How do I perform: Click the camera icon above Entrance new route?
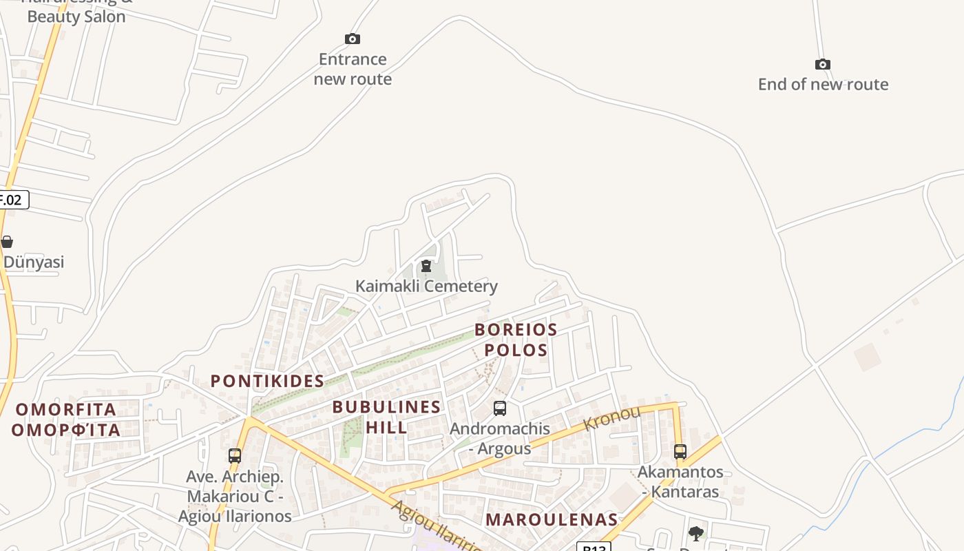(353, 39)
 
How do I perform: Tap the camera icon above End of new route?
(822, 64)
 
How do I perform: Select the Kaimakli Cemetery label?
(426, 286)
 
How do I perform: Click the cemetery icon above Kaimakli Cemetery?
(426, 266)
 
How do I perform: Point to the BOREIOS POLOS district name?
(516, 340)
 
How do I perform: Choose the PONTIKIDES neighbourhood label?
(267, 381)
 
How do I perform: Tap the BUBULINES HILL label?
(386, 417)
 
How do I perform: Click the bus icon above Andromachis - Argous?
(500, 408)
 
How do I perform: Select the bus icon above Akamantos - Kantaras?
(680, 452)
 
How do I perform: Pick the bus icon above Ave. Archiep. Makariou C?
(235, 456)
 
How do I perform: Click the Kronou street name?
(611, 418)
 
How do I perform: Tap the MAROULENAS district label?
(552, 519)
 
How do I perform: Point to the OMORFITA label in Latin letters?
(66, 410)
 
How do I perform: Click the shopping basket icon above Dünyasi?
(7, 242)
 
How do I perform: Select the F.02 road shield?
(12, 200)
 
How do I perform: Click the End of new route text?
(823, 85)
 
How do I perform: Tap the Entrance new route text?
(353, 69)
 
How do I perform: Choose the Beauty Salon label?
(76, 16)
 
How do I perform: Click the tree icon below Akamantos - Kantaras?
(696, 533)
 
